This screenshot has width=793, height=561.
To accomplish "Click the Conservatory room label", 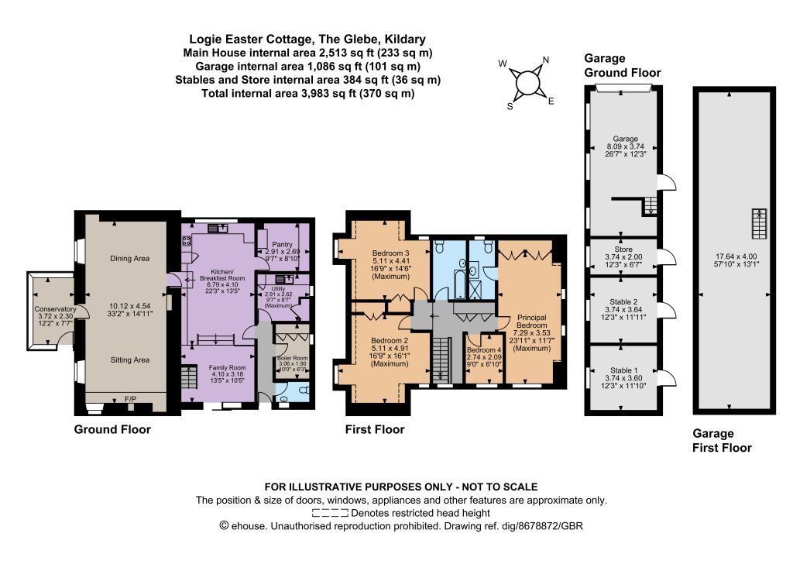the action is [x=55, y=309].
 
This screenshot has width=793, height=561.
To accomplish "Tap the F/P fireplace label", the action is [x=130, y=400].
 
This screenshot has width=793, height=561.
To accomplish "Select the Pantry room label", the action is [x=282, y=244].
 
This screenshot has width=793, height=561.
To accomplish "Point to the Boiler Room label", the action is [x=293, y=358].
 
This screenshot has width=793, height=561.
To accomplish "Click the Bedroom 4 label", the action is [x=484, y=350].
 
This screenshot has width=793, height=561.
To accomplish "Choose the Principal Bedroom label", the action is [x=531, y=322].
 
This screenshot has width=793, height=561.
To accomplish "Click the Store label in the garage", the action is [x=623, y=250].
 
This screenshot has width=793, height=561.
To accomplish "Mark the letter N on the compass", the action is [x=546, y=60].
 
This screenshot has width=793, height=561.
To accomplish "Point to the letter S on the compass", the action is [x=510, y=106].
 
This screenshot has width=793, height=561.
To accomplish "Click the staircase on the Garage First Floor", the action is [x=759, y=224].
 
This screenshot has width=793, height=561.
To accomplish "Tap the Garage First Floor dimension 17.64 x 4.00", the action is [x=733, y=256].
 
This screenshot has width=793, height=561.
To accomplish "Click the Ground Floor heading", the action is [x=112, y=429].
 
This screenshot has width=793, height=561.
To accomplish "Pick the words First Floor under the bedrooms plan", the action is [x=375, y=429].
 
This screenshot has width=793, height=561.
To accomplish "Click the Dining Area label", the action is [x=129, y=259].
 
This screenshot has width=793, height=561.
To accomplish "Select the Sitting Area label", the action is [x=130, y=360].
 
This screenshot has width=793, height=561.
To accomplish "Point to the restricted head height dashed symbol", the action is [x=330, y=513].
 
